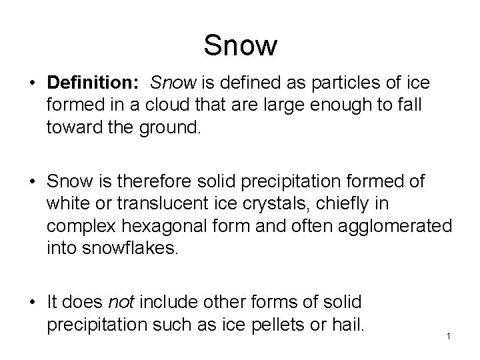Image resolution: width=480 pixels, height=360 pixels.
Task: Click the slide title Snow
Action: pyautogui.click(x=240, y=46)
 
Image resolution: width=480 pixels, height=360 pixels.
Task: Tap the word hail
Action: pyautogui.click(x=348, y=325)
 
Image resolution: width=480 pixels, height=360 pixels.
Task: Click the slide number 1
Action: pyautogui.click(x=449, y=335)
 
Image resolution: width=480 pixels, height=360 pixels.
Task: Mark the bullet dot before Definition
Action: pyautogui.click(x=33, y=83)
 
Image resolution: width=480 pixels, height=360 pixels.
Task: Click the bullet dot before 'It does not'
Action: pyautogui.click(x=33, y=303)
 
